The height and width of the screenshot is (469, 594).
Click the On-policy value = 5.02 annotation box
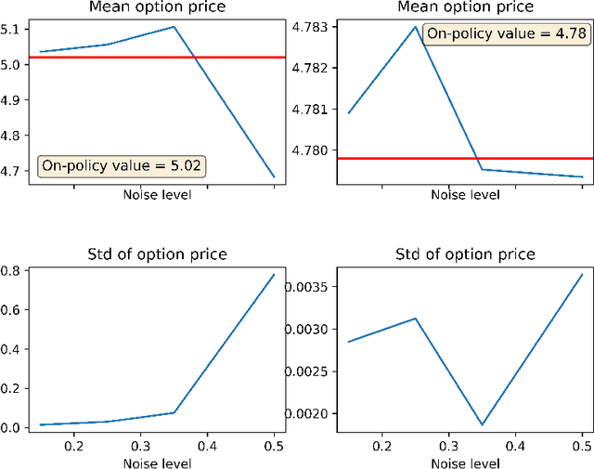click(x=122, y=166)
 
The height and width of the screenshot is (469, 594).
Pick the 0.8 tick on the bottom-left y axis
click(x=14, y=271)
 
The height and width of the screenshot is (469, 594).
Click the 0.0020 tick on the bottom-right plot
click(x=308, y=413)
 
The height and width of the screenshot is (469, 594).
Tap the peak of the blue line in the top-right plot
click(x=415, y=26)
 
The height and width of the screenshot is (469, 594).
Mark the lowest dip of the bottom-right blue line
click(x=482, y=424)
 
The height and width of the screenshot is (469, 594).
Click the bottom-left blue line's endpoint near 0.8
click(x=274, y=274)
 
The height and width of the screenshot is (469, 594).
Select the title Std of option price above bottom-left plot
click(x=155, y=254)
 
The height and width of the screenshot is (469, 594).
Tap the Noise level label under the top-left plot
click(x=155, y=195)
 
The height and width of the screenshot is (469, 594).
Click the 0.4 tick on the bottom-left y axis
click(x=14, y=349)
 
